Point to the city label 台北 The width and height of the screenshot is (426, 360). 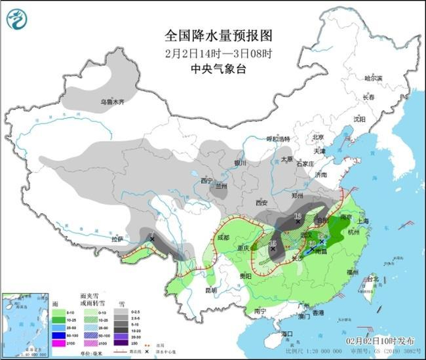coord(372,279)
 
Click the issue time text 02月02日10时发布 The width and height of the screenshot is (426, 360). coord(380,342)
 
